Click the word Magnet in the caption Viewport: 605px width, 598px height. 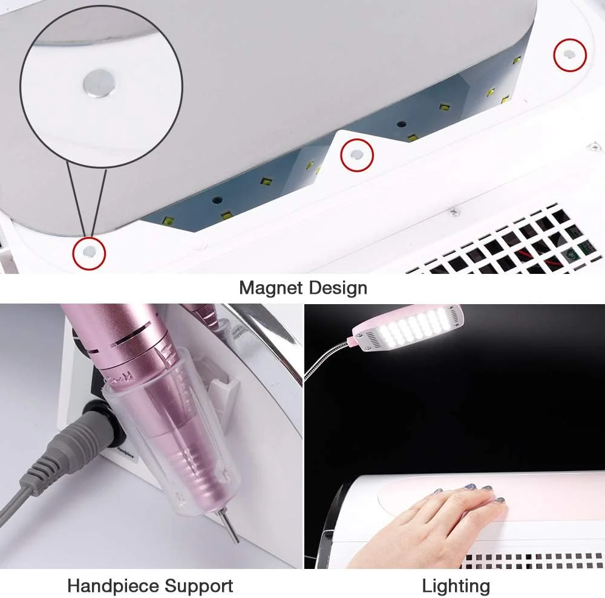[270, 288]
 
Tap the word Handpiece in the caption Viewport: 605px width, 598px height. [114, 586]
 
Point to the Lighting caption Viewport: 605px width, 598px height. [456, 587]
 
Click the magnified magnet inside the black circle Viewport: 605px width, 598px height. [99, 83]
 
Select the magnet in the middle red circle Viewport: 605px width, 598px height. [357, 155]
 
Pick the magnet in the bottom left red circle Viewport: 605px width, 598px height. [90, 252]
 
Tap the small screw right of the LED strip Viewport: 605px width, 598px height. [455, 211]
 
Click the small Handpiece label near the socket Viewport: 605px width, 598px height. [126, 452]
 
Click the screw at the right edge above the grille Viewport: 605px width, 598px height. [595, 146]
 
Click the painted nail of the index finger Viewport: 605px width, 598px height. [486, 489]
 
